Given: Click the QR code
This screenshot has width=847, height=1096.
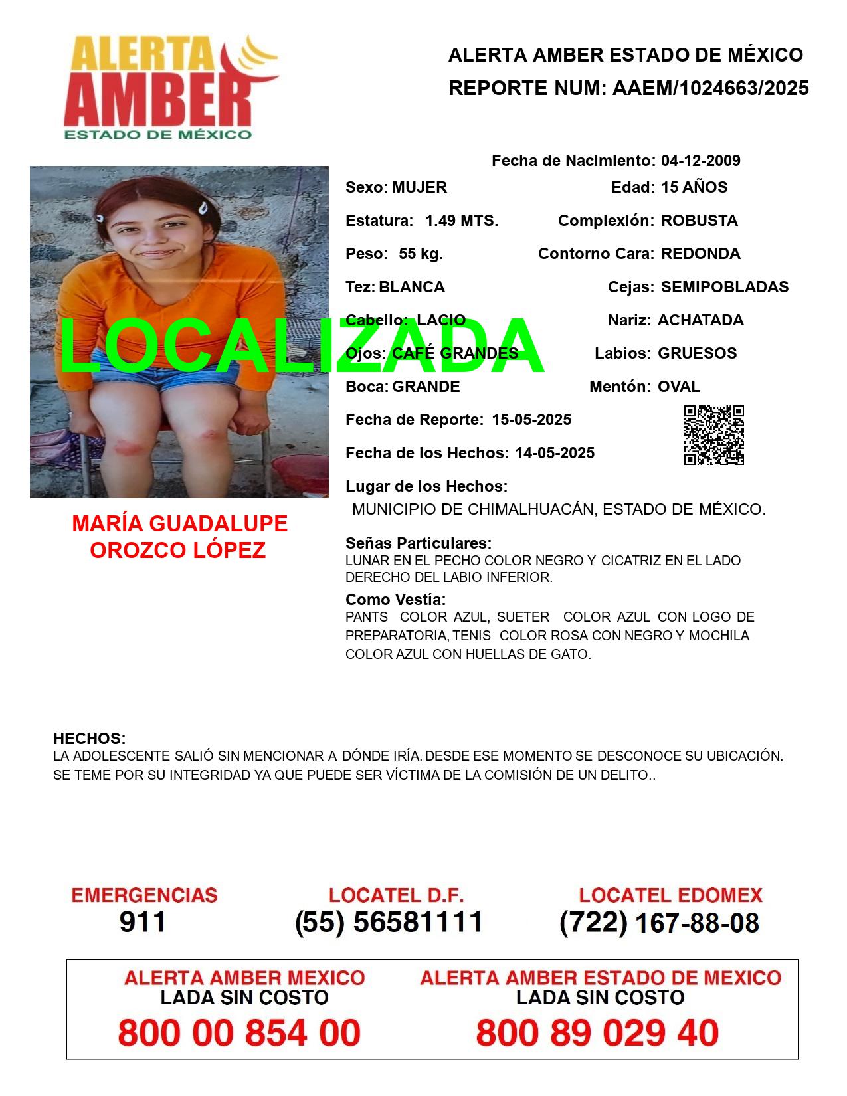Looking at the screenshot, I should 714,435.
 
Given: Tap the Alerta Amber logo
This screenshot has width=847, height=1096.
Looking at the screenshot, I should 170,86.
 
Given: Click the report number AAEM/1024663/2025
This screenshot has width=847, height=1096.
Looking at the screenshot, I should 710,88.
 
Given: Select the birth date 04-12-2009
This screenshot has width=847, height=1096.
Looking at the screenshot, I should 700,161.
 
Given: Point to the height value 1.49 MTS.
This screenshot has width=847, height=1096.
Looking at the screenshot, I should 462,221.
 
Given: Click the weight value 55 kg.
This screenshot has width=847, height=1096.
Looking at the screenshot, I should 421,254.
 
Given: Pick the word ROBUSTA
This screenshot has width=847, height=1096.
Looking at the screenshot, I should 699,221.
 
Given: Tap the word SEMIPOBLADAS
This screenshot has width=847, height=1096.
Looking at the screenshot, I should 725,287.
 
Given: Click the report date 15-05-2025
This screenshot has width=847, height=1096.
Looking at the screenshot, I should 531,420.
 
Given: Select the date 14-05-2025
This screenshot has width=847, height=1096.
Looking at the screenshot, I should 555,453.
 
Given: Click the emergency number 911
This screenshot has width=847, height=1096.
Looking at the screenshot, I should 143,922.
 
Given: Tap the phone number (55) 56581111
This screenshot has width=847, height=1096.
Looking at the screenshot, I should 389,922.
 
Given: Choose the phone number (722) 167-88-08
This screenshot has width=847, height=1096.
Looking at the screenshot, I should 659,922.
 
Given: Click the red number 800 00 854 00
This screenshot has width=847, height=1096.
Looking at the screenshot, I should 239,1033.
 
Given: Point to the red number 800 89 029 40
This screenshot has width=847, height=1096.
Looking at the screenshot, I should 597,1033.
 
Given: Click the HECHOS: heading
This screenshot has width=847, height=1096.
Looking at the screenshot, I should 89,739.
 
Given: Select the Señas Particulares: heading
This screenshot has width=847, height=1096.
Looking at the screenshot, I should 419,543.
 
